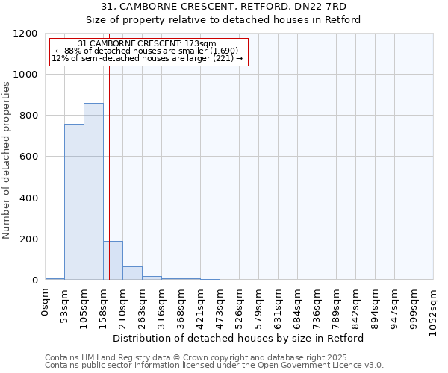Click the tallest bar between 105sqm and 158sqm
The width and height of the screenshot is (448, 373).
pyautogui.click(x=93, y=192)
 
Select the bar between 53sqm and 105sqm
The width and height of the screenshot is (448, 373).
pyautogui.click(x=74, y=202)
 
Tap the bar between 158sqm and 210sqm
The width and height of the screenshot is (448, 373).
pyautogui.click(x=113, y=260)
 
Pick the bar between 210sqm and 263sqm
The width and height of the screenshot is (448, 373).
pyautogui.click(x=132, y=273)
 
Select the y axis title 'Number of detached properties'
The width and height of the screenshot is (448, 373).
pyautogui.click(x=7, y=160)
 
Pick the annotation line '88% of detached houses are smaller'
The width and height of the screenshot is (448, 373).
pyautogui.click(x=146, y=51)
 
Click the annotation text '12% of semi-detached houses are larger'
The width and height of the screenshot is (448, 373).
pyautogui.click(x=147, y=58)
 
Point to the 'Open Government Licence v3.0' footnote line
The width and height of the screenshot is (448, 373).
pyautogui.click(x=214, y=366)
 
